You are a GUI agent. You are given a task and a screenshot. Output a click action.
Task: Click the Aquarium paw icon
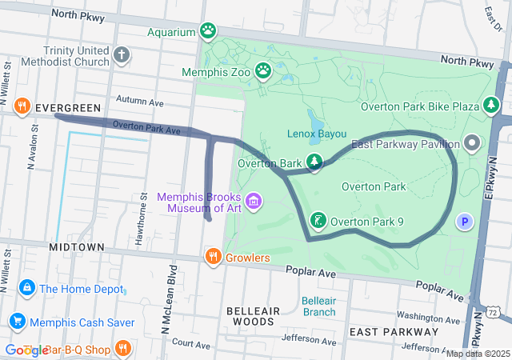click(208, 32)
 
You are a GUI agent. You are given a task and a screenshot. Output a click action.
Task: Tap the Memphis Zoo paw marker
click(263, 71)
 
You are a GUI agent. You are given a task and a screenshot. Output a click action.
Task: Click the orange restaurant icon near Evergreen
click(22, 106)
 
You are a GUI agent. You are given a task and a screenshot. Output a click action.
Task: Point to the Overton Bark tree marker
click(314, 163)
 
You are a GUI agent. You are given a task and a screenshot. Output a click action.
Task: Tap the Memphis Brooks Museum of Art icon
click(254, 201)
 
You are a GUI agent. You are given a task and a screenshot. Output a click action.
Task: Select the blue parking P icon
click(465, 222)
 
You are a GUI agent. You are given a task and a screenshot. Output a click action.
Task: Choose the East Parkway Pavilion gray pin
click(472, 144)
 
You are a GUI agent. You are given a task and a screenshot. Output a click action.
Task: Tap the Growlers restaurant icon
click(213, 257)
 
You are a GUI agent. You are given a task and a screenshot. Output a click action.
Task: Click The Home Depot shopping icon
click(26, 288)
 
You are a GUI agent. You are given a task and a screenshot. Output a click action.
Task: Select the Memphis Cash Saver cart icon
click(16, 322)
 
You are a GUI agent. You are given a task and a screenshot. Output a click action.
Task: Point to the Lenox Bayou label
click(316, 134)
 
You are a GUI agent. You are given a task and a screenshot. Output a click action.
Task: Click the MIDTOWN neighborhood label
click(76, 247)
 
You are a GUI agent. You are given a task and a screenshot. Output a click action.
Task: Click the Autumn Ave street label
click(139, 102)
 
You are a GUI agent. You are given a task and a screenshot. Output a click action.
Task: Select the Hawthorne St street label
click(144, 206)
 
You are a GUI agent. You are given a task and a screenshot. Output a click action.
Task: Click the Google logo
click(26, 350)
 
